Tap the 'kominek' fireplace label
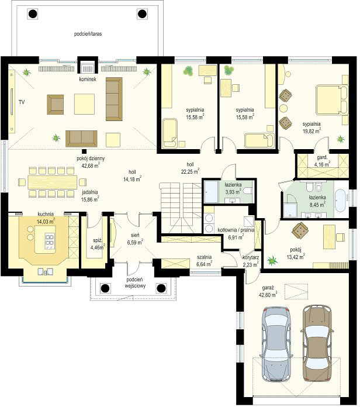point(88,79)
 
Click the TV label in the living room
point(22,102)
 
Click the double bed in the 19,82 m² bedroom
point(332,99)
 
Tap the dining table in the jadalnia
point(53,182)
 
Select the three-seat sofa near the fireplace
point(114,99)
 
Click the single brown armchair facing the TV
point(56,104)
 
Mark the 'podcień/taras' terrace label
point(88,34)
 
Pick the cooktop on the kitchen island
point(50,242)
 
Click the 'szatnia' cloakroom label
point(204,257)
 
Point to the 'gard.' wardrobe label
point(322,157)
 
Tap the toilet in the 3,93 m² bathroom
point(247,192)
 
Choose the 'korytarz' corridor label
point(251,258)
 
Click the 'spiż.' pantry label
point(98,240)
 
